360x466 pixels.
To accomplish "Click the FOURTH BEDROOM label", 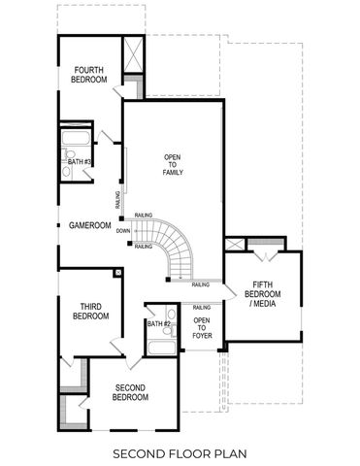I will tap(88, 75).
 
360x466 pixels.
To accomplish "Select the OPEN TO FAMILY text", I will tap(172, 164).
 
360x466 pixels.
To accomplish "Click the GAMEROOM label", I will tap(88, 225).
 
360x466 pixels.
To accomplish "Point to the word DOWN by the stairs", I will tap(123, 231).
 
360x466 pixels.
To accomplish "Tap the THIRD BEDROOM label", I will tap(89, 312).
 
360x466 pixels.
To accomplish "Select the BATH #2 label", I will tap(158, 323).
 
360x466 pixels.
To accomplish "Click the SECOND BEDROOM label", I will tap(130, 392).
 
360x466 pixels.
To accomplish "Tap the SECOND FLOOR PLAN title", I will tap(180, 452).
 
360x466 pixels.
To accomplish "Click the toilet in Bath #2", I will tap(170, 313).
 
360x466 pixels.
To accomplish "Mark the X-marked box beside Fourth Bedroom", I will tap(132, 55).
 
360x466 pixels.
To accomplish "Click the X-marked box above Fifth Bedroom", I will tap(235, 245).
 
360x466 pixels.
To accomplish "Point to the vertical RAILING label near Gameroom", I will tap(117, 200).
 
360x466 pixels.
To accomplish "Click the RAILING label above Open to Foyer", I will tap(202, 307).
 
